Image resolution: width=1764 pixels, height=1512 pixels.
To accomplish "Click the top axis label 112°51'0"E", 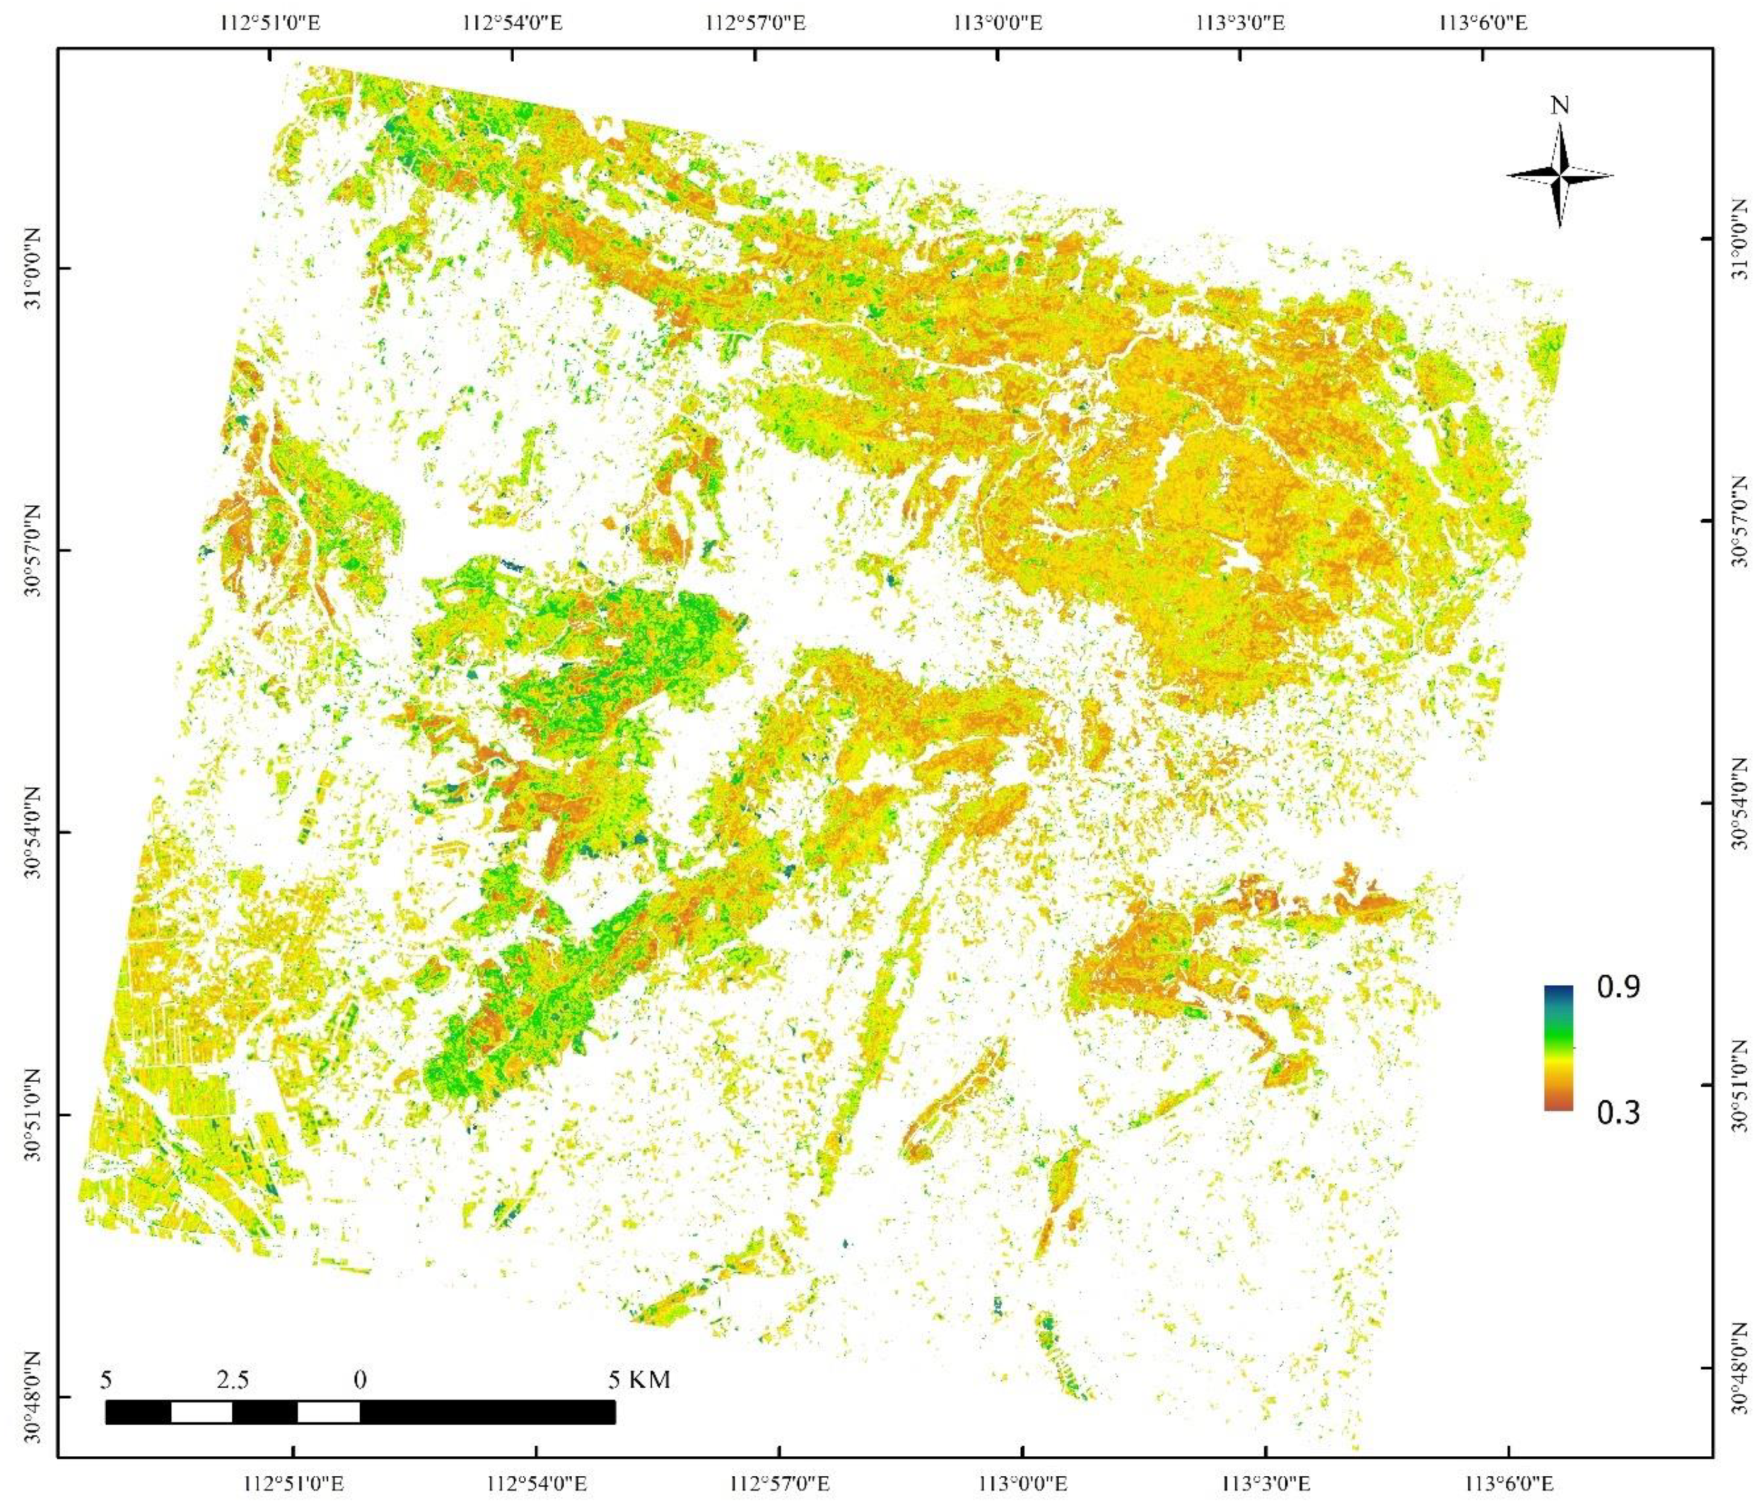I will (272, 23).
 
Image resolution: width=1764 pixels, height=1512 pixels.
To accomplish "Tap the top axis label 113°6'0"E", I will (1482, 23).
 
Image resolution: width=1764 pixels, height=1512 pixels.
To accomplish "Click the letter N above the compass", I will (1559, 106).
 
